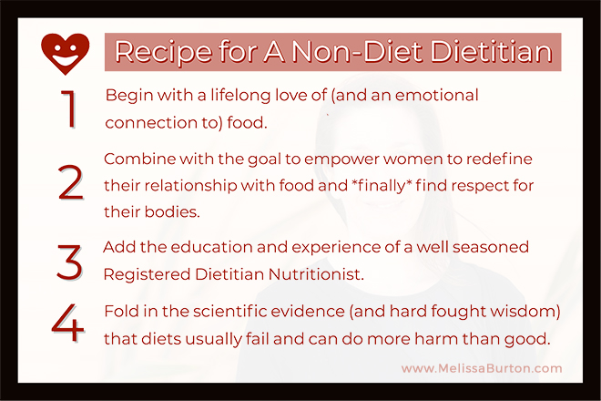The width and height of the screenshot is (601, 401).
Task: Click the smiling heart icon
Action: [x=66, y=54]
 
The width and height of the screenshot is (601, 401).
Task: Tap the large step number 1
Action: [x=69, y=108]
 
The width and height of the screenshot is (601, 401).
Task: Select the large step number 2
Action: [x=70, y=182]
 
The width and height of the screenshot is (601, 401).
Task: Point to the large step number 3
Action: [x=69, y=262]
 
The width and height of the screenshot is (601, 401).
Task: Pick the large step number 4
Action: [x=68, y=323]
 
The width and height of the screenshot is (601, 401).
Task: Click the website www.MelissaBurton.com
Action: [x=482, y=368]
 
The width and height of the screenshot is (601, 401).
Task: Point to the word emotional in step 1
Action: [x=436, y=95]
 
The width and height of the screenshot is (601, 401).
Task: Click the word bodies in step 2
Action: [x=172, y=211]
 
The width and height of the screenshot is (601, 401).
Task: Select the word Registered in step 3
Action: [x=147, y=274]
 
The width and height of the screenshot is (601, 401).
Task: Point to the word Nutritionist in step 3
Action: [x=316, y=274]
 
